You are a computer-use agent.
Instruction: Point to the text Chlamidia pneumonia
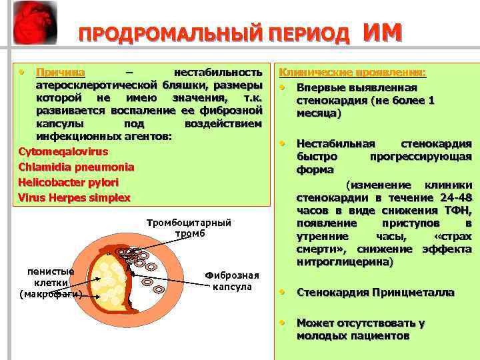point(75,167)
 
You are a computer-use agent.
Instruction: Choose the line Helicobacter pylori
point(68,182)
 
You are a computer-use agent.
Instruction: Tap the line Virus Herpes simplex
point(74,197)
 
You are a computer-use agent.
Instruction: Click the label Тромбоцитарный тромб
point(189,228)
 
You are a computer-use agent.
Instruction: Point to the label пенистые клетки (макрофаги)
point(51,283)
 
